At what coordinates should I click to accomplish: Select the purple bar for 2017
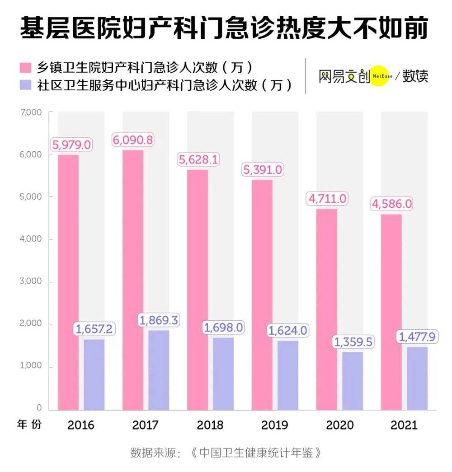click(158, 370)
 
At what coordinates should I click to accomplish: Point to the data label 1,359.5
click(353, 342)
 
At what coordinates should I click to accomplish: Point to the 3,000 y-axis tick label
click(31, 281)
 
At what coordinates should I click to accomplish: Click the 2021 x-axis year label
click(404, 425)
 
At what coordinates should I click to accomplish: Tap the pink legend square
click(25, 68)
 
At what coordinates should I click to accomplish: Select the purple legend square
click(25, 85)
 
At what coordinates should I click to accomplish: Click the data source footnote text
click(226, 453)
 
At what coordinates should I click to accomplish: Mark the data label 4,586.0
click(392, 204)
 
